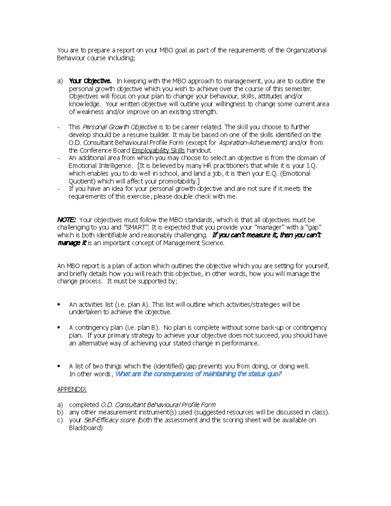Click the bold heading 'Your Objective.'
tap(90, 81)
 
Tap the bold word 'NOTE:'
tap(66, 220)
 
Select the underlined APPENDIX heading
tap(72, 389)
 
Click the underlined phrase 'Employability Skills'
tap(158, 151)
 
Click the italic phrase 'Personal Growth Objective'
tap(120, 127)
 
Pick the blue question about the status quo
tap(198, 374)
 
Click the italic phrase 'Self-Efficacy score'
tap(109, 420)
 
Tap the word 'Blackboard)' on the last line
tap(86, 428)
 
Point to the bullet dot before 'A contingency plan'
tap(59, 328)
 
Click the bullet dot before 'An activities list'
tap(59, 305)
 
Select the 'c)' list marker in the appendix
tap(60, 420)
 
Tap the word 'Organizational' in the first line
tap(306, 50)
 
